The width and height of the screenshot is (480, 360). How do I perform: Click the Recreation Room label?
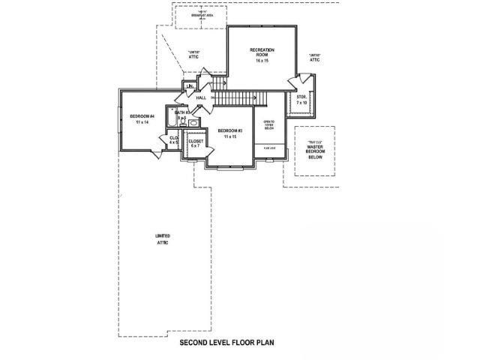tap(262, 52)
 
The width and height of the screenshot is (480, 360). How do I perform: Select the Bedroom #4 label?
tap(141, 115)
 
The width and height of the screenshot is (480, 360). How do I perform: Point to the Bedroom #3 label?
tap(229, 130)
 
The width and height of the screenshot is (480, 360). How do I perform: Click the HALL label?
tap(201, 98)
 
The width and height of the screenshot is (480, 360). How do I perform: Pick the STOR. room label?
tap(301, 97)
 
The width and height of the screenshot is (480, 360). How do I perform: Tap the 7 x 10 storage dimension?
tap(301, 103)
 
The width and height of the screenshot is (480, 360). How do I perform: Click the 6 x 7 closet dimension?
tap(195, 146)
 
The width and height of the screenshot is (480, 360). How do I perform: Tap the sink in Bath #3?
tap(193, 121)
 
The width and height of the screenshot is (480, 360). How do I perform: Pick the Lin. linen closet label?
tap(188, 88)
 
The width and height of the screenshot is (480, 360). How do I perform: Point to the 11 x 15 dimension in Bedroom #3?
tap(229, 136)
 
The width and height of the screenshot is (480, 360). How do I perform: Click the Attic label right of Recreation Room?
tap(314, 60)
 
